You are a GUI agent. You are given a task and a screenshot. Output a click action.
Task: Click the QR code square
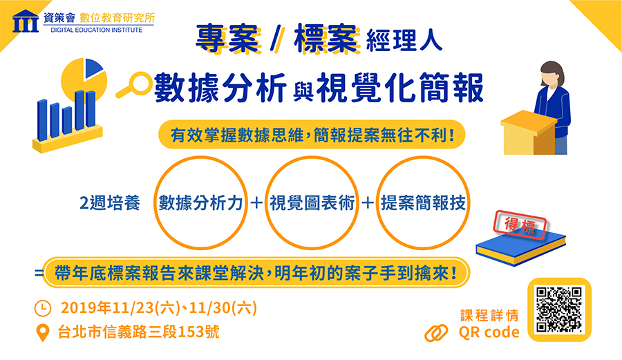pos(559,310)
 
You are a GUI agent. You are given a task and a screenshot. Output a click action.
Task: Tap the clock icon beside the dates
pos(43,308)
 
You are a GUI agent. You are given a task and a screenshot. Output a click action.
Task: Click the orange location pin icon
pos(42,332)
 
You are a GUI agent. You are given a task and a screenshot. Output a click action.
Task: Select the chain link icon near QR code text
pos(436,333)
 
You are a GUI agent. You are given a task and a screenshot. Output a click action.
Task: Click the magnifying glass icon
pos(134,85)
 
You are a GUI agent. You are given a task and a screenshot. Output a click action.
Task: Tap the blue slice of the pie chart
pos(93,68)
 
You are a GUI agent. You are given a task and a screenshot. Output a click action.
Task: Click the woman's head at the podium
pos(552,74)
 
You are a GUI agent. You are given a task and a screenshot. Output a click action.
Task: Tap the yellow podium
pos(529,133)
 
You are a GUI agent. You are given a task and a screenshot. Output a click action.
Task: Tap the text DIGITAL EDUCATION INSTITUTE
pos(96,30)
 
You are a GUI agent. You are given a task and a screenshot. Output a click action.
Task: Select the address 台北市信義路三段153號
pos(138,332)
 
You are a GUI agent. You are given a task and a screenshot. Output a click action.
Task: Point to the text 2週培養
pos(110,203)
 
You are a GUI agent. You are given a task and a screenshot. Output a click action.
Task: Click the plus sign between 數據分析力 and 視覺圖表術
pos(256,203)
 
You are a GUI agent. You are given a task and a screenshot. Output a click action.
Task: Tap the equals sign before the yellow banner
pos(39,273)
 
